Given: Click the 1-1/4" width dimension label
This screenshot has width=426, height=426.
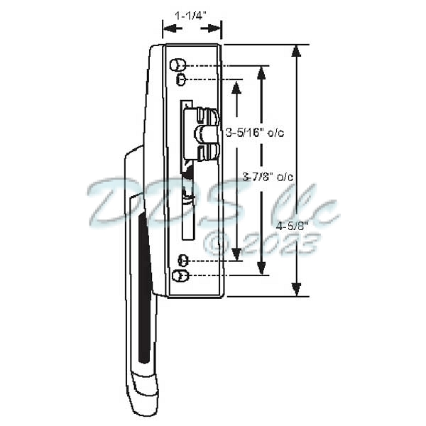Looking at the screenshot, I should tap(192, 13).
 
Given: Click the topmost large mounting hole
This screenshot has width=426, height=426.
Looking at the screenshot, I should tap(177, 65).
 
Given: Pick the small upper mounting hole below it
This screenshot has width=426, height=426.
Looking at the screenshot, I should tap(182, 78).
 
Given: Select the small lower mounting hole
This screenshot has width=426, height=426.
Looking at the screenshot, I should tap(182, 261).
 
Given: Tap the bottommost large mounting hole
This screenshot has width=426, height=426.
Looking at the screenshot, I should tap(180, 275).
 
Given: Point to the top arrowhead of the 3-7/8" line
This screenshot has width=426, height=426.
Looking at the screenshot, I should tap(263, 71).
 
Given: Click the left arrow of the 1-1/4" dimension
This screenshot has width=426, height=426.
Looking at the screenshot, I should tap(169, 29).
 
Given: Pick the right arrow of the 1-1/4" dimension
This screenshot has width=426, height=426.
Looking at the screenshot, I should tap(215, 29).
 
